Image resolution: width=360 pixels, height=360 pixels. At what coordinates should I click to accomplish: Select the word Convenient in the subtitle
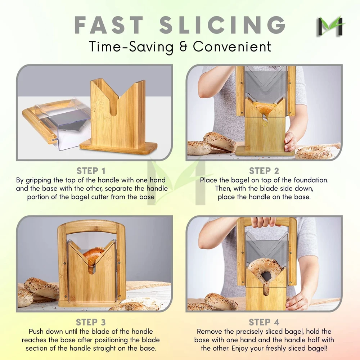(x=232, y=47)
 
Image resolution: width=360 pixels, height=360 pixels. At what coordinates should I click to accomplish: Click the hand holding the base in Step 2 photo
(x=290, y=141)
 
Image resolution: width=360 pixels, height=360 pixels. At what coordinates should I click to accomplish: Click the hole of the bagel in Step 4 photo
(x=267, y=276)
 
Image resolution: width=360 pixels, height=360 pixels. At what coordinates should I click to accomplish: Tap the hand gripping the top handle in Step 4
(x=264, y=222)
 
